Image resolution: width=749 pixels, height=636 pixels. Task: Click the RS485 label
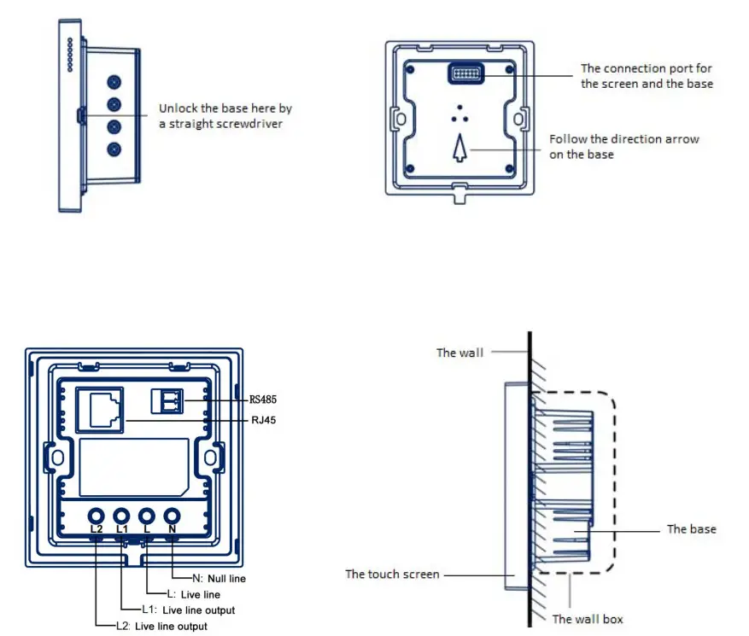[x=263, y=399]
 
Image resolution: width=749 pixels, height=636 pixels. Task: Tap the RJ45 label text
[x=263, y=419]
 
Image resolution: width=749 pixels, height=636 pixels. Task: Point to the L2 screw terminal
[x=97, y=516]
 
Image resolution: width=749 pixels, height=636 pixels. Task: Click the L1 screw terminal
[x=122, y=516]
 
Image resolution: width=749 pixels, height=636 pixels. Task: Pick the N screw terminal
[x=173, y=516]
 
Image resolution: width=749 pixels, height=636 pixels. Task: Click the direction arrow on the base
[x=459, y=149]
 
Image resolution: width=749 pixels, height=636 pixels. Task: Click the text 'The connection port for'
[x=646, y=68]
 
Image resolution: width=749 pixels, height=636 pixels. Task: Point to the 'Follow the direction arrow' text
[x=623, y=138]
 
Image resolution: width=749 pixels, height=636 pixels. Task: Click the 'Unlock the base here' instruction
[x=225, y=109]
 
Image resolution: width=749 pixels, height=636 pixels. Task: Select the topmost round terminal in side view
[x=114, y=83]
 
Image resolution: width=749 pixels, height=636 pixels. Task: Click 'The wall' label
[x=459, y=353]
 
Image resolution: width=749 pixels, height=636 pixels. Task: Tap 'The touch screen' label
[x=392, y=574]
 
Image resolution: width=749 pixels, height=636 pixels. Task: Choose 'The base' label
[x=691, y=529]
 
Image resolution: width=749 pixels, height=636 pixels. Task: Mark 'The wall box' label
[x=588, y=619]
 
